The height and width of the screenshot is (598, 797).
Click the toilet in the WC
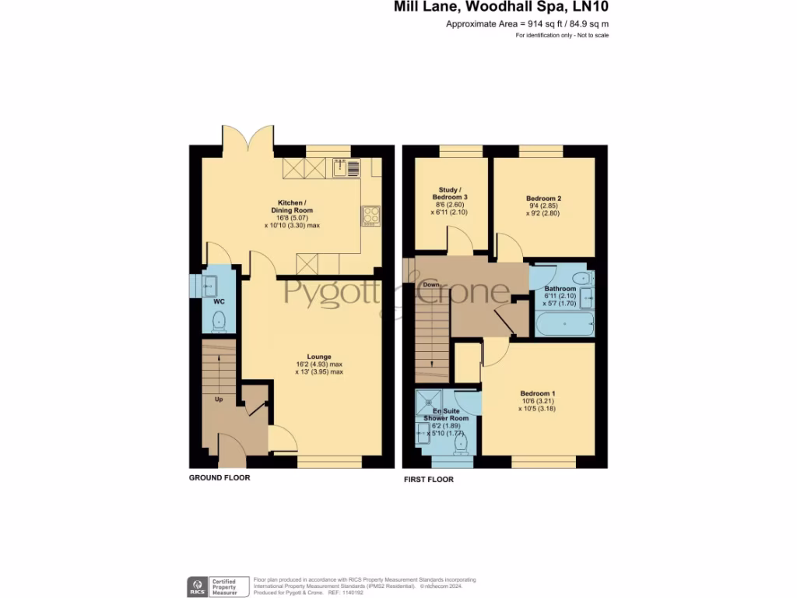click(x=219, y=319)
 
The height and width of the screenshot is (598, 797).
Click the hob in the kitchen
click(x=370, y=215)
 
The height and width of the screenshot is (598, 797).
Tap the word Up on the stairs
click(x=219, y=399)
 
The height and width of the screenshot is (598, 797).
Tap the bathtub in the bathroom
click(x=564, y=322)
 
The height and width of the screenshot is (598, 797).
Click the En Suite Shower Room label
click(x=446, y=414)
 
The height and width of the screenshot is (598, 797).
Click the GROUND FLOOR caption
click(x=219, y=477)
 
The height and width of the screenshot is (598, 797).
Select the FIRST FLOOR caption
click(x=428, y=479)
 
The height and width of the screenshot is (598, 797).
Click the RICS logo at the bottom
click(x=196, y=586)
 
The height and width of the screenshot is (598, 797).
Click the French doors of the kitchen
click(x=248, y=138)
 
